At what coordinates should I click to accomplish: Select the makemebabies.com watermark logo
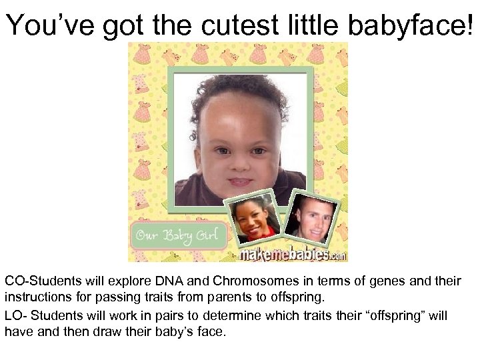(292, 255)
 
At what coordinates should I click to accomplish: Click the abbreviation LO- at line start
(14, 315)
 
